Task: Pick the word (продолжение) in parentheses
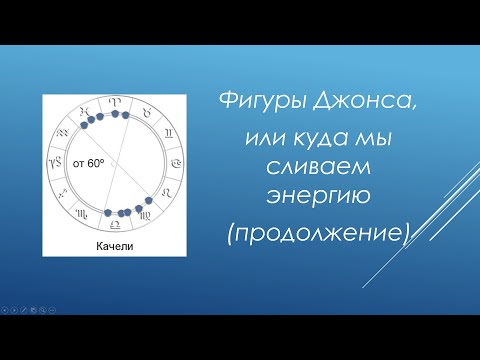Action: [319, 234]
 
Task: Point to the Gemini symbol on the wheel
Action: [169, 133]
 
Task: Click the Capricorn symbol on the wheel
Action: [56, 162]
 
